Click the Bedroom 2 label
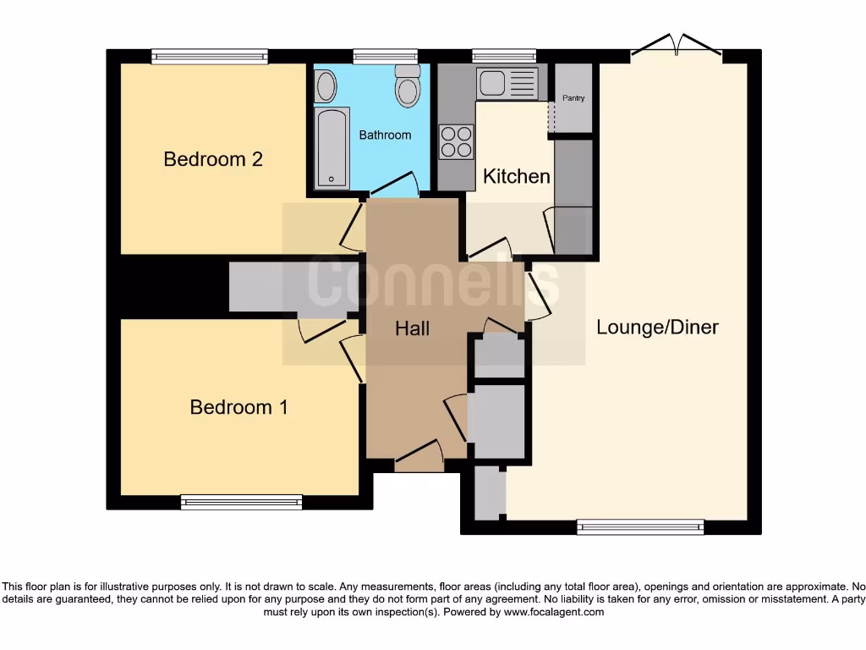click(x=213, y=159)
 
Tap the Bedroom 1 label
click(x=238, y=407)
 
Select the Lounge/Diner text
click(x=657, y=328)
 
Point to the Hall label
click(x=413, y=328)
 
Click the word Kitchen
click(x=516, y=176)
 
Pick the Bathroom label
click(x=385, y=135)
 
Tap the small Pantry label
click(x=573, y=98)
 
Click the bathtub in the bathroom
click(x=331, y=147)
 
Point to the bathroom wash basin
click(x=325, y=85)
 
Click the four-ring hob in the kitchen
click(x=457, y=141)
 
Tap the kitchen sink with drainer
click(x=507, y=84)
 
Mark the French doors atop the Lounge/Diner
click(x=677, y=46)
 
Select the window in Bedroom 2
click(x=210, y=57)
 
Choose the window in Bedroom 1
click(x=242, y=502)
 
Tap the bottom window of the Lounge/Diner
click(x=640, y=527)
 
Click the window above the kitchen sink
click(x=504, y=57)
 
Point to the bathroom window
click(x=379, y=57)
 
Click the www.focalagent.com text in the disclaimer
click(x=554, y=612)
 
